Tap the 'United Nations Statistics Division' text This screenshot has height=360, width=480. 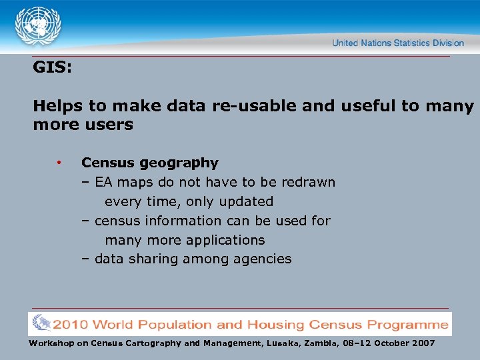398,43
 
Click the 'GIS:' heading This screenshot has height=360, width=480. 52,68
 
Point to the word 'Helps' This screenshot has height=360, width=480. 55,106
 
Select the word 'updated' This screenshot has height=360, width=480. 247,201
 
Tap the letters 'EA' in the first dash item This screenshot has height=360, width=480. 103,182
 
